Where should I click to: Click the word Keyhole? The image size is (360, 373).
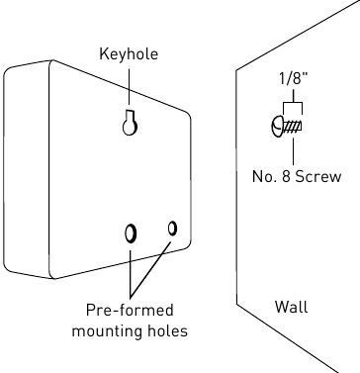[129, 53]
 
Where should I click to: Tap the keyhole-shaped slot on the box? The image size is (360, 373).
[130, 124]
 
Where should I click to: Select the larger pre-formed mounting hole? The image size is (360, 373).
[131, 233]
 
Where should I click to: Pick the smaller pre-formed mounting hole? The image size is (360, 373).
[172, 229]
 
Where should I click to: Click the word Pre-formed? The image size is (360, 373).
[130, 311]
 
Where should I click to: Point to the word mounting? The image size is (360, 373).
[107, 330]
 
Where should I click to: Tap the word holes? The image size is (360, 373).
[167, 330]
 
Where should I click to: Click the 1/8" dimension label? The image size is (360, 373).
[293, 78]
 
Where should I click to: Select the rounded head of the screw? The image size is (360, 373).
[278, 127]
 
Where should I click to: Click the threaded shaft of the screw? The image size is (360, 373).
[293, 127]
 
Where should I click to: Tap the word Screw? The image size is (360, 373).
[318, 176]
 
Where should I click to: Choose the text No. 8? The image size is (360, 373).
[271, 176]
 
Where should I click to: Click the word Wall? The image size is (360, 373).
[292, 307]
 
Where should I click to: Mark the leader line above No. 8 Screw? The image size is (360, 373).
[293, 151]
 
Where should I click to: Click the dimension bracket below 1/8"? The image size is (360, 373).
[293, 103]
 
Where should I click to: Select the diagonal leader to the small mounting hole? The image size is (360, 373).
[150, 268]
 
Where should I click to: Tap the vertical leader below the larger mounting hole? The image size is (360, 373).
[131, 273]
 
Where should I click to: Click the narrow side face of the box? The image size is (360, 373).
[27, 170]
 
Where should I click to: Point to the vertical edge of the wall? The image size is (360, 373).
[236, 187]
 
